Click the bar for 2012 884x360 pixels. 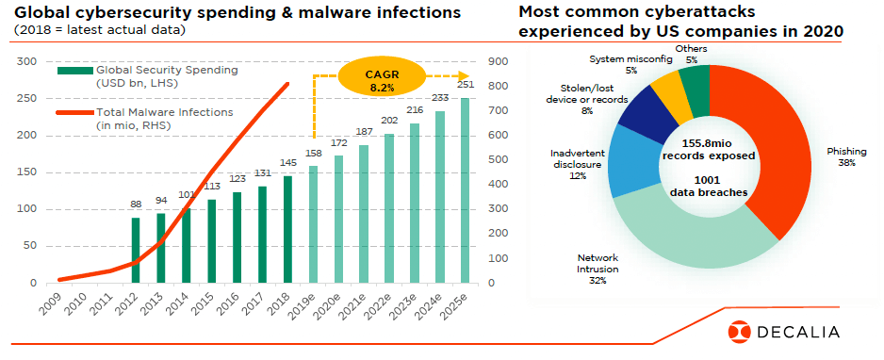(x=136, y=250)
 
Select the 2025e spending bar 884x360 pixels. (x=465, y=190)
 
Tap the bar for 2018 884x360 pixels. (x=287, y=229)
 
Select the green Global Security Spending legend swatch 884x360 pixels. (x=74, y=71)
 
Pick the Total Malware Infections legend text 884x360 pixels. (x=164, y=119)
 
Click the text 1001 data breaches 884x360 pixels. (x=708, y=187)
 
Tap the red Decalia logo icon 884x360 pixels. (x=739, y=331)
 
